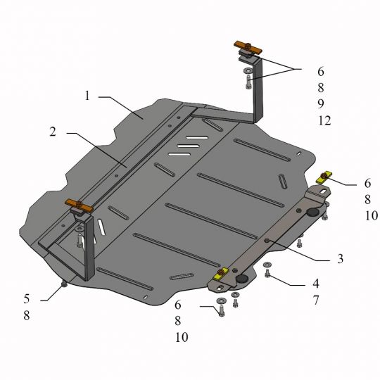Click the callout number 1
88,96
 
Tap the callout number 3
340,259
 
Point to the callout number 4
316,284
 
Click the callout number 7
316,300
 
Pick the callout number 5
26,298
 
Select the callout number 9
319,104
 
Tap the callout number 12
323,120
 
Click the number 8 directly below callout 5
26,316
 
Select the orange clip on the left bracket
80,205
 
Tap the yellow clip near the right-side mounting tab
324,177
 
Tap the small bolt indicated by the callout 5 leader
64,283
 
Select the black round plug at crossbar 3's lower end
243,280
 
